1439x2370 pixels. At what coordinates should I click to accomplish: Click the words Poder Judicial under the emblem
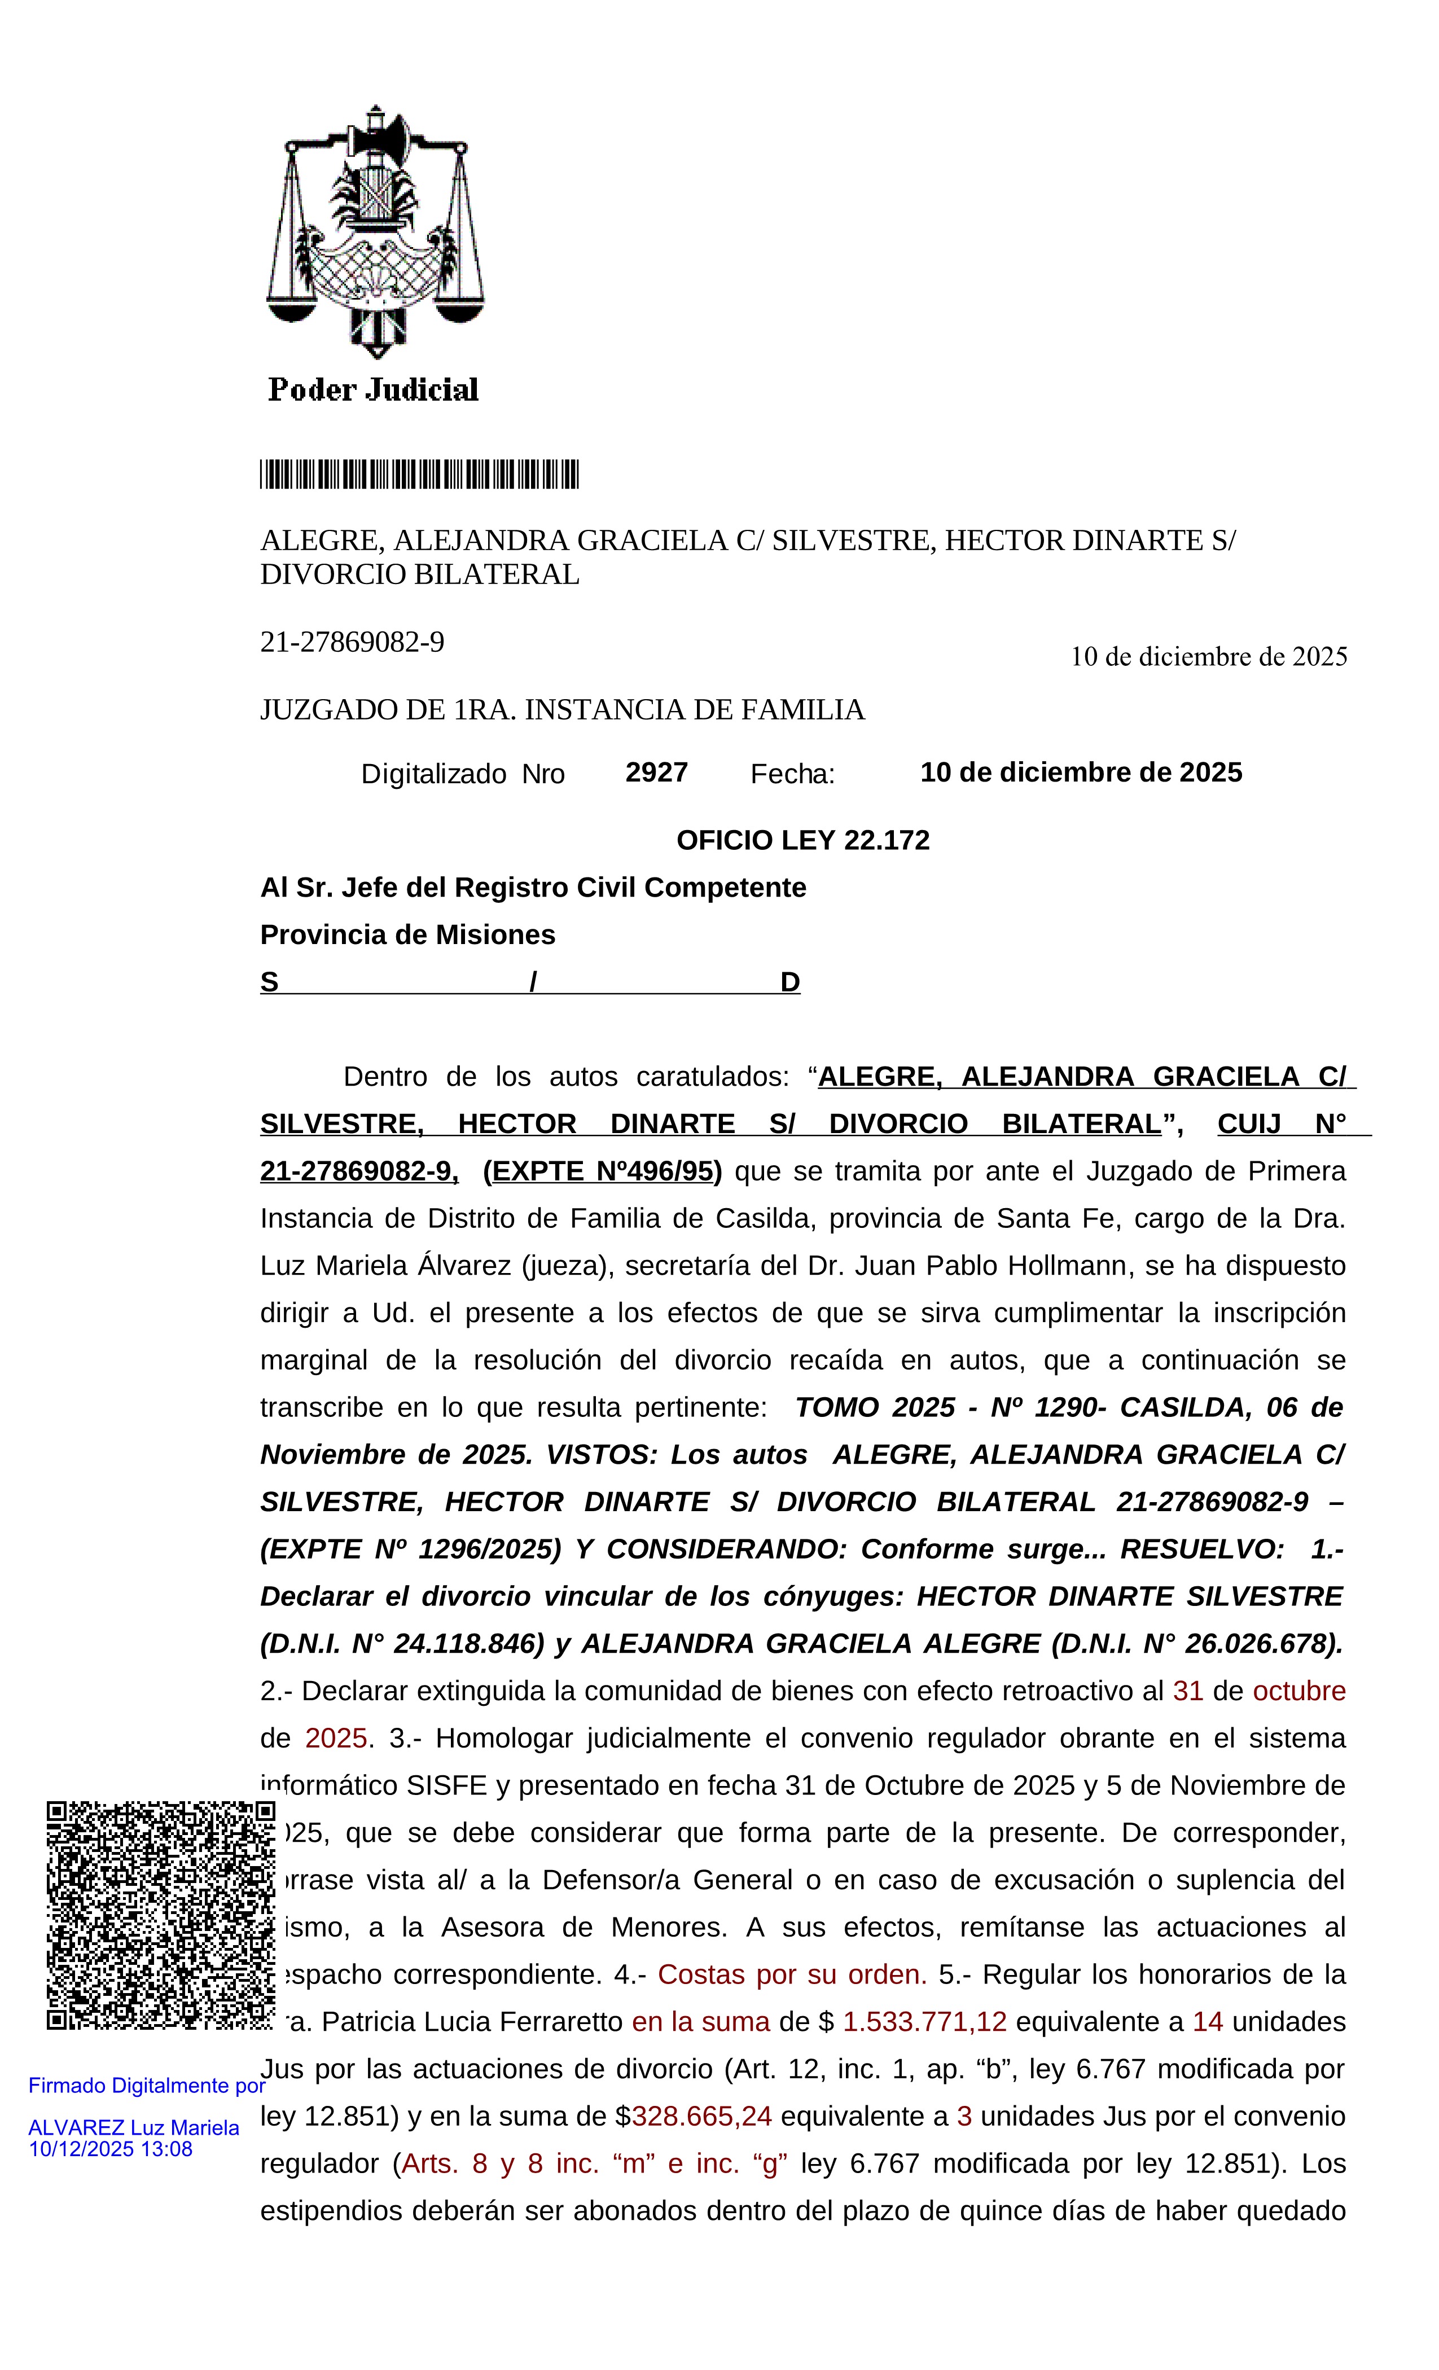coord(373,389)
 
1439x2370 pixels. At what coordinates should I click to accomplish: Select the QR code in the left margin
coord(161,1914)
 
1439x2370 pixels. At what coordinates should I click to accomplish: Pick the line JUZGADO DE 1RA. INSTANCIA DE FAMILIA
coord(563,710)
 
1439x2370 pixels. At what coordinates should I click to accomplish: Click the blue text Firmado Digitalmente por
coord(146,2085)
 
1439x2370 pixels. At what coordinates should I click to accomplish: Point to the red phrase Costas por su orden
coord(792,1974)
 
